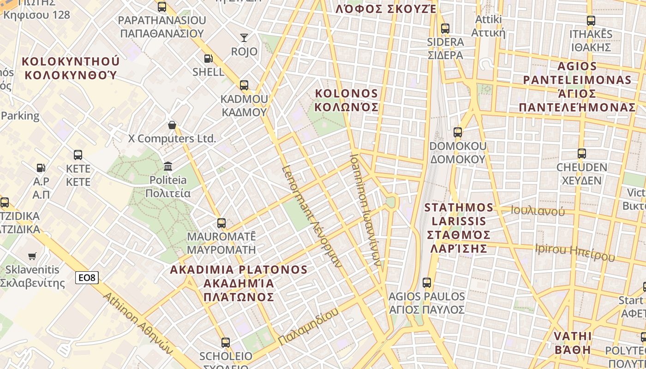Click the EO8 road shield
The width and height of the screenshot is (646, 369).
(x=87, y=277)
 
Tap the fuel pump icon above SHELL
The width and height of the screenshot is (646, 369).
(x=209, y=59)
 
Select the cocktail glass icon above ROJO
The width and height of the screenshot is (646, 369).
(x=244, y=37)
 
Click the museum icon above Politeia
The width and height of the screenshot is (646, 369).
(x=168, y=166)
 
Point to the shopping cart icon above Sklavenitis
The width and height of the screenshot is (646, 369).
(x=32, y=256)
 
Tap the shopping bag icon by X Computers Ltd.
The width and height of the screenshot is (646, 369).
(x=172, y=125)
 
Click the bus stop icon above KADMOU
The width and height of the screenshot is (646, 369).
(x=244, y=85)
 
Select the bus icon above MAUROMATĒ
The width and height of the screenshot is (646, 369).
(x=221, y=223)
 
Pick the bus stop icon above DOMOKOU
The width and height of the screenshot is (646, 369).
(x=458, y=132)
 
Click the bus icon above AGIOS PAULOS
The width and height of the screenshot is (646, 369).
(x=427, y=282)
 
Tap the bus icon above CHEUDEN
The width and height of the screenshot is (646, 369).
(x=582, y=154)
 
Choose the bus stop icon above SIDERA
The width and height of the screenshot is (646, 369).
(x=445, y=29)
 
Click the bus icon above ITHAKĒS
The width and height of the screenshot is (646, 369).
(x=591, y=21)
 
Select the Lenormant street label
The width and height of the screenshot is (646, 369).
(x=312, y=216)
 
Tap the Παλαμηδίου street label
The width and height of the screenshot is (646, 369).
(x=308, y=327)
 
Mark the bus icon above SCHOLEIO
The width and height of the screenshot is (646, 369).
(x=226, y=343)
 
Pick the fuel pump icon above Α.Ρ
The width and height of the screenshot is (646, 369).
(x=41, y=168)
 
